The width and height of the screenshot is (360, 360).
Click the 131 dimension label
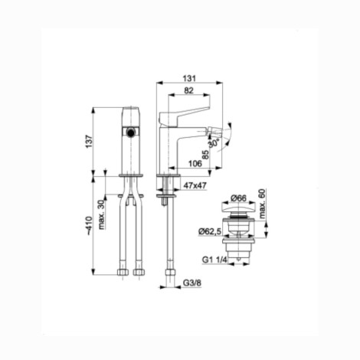[189, 78]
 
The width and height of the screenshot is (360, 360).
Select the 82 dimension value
[188, 90]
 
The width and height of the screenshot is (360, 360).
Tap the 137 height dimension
[89, 142]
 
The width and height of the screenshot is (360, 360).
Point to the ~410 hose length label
[89, 226]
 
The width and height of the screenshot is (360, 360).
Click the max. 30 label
[102, 215]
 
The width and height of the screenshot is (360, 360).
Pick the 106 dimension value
[195, 163]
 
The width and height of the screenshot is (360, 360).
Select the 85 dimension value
[205, 154]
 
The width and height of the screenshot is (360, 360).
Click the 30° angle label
[214, 143]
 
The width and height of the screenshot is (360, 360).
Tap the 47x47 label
[195, 185]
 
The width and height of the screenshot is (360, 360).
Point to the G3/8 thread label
[192, 283]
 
